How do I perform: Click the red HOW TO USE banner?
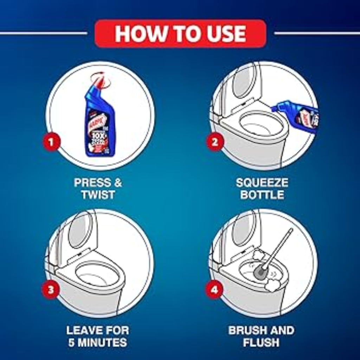point(180,33)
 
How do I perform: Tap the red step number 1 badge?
point(51,143)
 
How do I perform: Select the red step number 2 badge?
point(215,143)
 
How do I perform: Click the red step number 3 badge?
point(51,290)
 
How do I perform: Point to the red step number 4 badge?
point(214,290)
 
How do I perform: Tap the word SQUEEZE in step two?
point(262,183)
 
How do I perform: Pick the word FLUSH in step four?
point(261,343)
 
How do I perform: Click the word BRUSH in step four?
point(245,330)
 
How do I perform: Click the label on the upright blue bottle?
point(100,134)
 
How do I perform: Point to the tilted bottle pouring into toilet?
point(297,114)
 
